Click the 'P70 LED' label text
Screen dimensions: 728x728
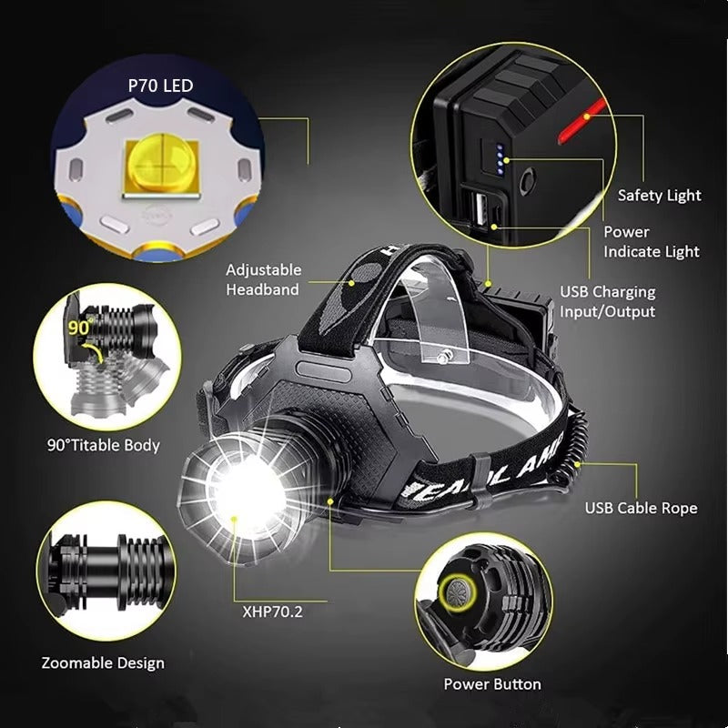click(x=160, y=86)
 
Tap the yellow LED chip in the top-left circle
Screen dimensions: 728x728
click(x=160, y=164)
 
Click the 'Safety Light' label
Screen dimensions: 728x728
click(x=659, y=195)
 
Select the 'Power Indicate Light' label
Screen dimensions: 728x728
click(x=651, y=241)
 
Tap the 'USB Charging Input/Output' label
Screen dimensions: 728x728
click(x=607, y=301)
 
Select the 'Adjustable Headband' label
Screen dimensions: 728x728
click(x=262, y=279)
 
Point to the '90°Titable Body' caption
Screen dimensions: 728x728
click(x=104, y=445)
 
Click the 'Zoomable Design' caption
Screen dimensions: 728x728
click(x=103, y=662)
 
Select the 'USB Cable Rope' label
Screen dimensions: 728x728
click(x=641, y=508)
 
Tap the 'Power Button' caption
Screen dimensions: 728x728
click(x=491, y=683)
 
